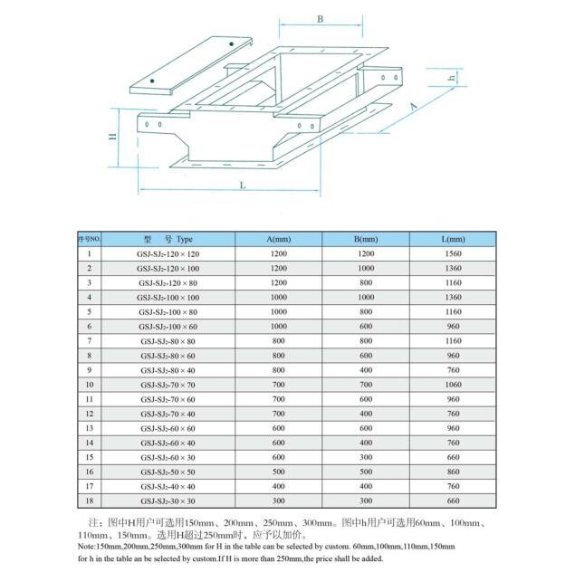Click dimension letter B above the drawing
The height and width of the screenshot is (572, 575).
coord(320,19)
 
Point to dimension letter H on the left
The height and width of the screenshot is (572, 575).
coord(113,138)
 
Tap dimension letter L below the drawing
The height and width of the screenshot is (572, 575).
coord(244,185)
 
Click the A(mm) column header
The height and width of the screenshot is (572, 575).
coord(279,240)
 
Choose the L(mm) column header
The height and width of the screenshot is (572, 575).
coord(454,240)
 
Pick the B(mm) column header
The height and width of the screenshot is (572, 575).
coord(366,240)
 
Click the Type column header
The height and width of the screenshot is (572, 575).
coord(169,240)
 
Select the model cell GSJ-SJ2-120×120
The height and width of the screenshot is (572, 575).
coord(168,254)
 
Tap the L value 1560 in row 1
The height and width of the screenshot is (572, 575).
coord(454,254)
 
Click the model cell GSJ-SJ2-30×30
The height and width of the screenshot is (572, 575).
coord(168,500)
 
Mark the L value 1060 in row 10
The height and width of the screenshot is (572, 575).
coord(454,384)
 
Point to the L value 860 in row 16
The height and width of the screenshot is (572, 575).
coord(454,471)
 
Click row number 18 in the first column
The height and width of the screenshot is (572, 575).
coord(90,500)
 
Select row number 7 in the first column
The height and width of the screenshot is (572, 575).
coord(90,340)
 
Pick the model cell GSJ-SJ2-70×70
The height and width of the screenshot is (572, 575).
coord(168,384)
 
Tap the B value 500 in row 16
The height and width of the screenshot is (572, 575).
coord(366,471)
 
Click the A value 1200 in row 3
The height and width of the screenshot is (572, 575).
coord(279,283)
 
